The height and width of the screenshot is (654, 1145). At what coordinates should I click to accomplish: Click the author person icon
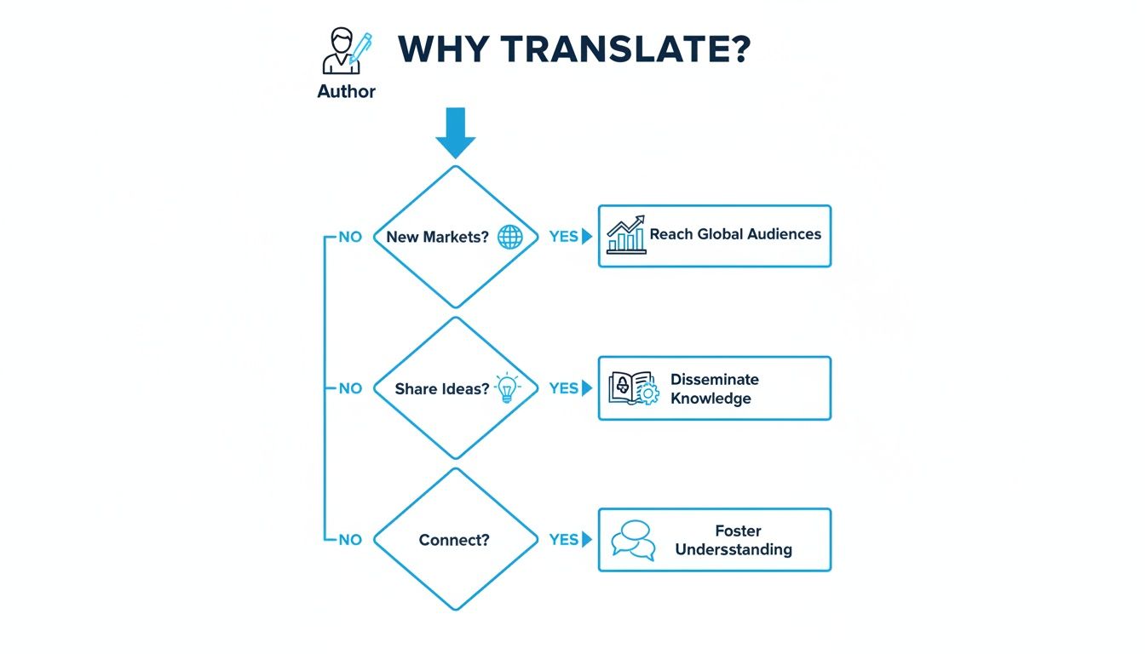347,50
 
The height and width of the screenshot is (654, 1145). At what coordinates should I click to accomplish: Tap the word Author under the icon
346,91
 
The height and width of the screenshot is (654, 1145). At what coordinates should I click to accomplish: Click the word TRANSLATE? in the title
625,49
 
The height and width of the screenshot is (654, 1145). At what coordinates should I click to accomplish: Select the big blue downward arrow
456,133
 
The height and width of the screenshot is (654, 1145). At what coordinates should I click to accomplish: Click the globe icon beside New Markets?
510,237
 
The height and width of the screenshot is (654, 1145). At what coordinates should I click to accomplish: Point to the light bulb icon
507,387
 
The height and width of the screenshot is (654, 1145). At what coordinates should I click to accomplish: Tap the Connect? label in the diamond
454,540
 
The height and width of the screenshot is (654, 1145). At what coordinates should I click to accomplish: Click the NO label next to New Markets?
350,237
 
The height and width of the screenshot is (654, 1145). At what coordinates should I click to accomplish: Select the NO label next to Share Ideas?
350,388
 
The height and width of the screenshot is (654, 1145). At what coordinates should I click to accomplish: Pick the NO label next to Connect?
350,540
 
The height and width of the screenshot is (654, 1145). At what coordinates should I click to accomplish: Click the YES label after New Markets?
563,237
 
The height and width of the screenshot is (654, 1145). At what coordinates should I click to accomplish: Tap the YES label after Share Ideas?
563,388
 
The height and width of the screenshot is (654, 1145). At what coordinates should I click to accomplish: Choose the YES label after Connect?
563,540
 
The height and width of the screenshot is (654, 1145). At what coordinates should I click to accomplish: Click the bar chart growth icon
626,234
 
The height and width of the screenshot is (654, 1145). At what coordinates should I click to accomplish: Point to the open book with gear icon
634,388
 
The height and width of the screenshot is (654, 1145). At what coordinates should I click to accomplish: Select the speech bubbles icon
633,541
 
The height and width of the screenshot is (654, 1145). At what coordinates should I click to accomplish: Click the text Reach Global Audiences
735,234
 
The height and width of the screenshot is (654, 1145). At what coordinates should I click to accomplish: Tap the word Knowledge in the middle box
711,399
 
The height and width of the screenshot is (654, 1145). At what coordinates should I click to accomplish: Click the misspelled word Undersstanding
734,549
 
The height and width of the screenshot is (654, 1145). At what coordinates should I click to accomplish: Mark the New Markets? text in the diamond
438,237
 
